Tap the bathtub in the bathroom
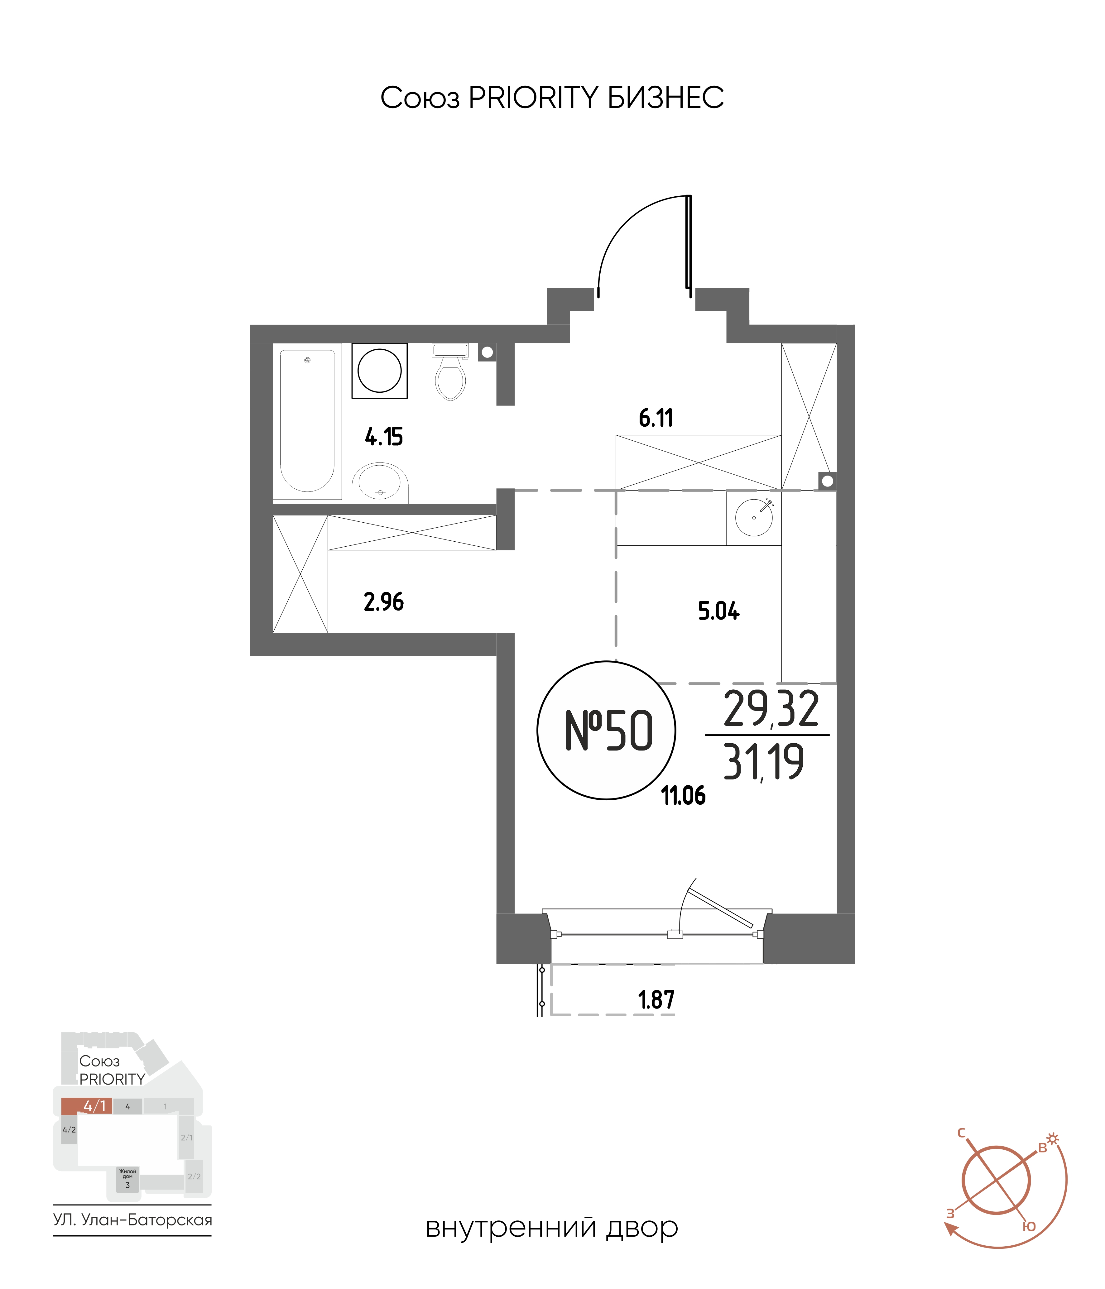tap(307, 421)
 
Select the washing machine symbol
tap(380, 371)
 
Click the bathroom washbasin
tap(380, 483)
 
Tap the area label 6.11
tap(656, 418)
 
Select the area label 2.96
tap(384, 602)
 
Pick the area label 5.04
tap(718, 611)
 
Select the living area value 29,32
tap(771, 709)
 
